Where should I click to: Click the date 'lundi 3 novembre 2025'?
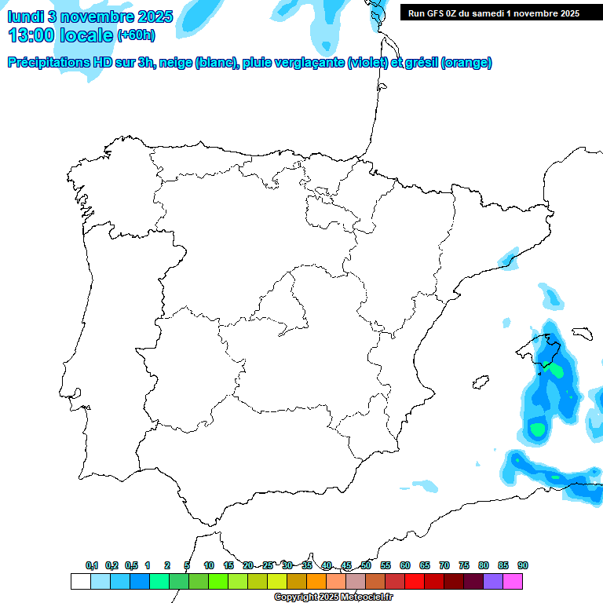pyautogui.click(x=90, y=16)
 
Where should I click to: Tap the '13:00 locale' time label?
pyautogui.click(x=60, y=35)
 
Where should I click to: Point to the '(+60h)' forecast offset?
pyautogui.click(x=136, y=35)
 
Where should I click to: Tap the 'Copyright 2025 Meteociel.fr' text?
pyautogui.click(x=333, y=598)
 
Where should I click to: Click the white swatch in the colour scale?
pyautogui.click(x=80, y=581)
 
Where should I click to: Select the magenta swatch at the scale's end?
pyautogui.click(x=513, y=581)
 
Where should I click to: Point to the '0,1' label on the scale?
pyautogui.click(x=92, y=565)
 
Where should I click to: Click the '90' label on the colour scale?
pyautogui.click(x=523, y=565)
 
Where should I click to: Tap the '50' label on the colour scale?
pyautogui.click(x=366, y=565)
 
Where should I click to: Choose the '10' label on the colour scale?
pyautogui.click(x=209, y=565)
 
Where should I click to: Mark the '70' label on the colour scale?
pyautogui.click(x=444, y=565)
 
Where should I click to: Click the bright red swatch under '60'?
pyautogui.click(x=415, y=581)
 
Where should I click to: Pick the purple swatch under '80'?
pyautogui.click(x=493, y=581)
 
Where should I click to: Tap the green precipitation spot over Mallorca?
pyautogui.click(x=556, y=368)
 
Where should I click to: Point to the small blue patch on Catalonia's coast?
pyautogui.click(x=510, y=258)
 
